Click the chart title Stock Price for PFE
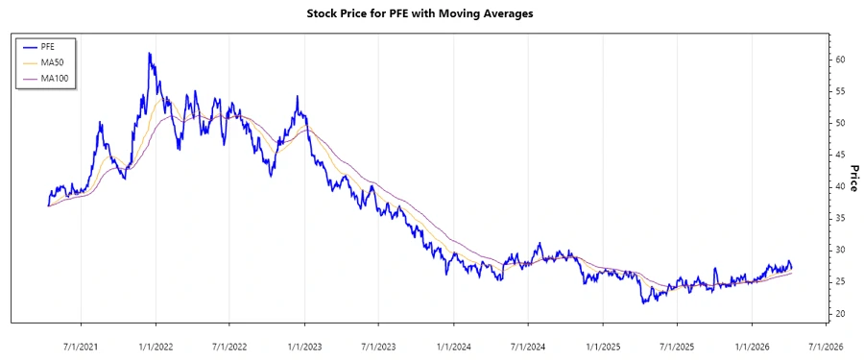click(431, 13)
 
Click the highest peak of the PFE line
click(149, 54)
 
